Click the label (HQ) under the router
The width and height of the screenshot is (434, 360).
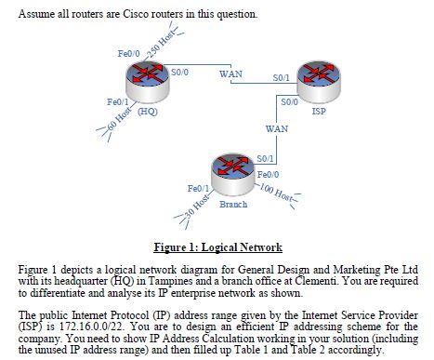[147, 111]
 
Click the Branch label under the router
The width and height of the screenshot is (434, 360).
[232, 203]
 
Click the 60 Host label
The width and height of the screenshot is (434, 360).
[118, 122]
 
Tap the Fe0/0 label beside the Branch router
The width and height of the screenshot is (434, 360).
[269, 174]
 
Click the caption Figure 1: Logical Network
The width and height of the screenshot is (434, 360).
[218, 247]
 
